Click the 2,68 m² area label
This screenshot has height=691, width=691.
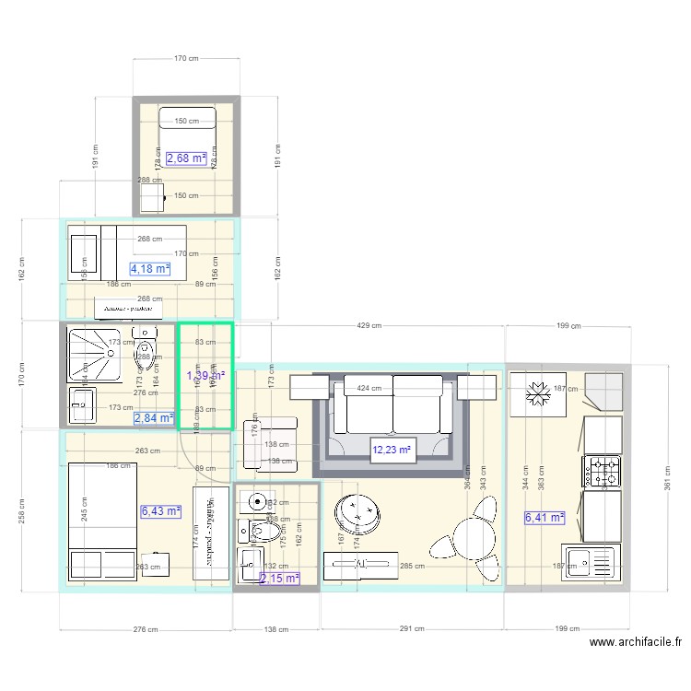point(186,158)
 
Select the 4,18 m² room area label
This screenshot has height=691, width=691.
point(150,269)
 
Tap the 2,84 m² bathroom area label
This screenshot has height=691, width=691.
point(154,418)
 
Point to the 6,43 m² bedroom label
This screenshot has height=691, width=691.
point(160,510)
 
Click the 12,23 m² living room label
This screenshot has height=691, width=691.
point(392,451)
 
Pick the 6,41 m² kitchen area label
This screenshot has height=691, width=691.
point(544,518)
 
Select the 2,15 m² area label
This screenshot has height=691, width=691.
point(280,579)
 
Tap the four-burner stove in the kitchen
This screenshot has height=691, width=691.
point(602,471)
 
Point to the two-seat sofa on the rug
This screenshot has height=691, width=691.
point(392,404)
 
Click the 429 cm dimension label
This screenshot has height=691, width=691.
point(369,327)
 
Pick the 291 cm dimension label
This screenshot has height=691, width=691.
point(412,629)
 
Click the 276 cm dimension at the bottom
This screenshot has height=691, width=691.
point(146,629)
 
